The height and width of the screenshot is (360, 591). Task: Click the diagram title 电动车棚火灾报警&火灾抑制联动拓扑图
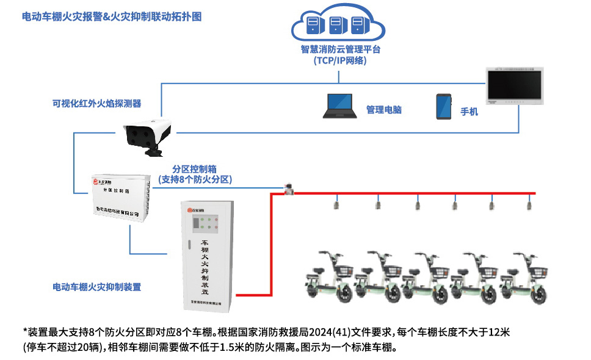pyautogui.click(x=111, y=17)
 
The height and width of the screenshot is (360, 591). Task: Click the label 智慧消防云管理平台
pyautogui.click(x=340, y=49)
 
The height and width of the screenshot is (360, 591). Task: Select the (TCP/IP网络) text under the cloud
pyautogui.click(x=340, y=61)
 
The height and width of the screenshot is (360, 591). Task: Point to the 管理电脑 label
pyautogui.click(x=383, y=110)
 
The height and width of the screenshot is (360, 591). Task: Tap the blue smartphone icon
pyautogui.click(x=443, y=106)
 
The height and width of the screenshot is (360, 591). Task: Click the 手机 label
pyautogui.click(x=469, y=112)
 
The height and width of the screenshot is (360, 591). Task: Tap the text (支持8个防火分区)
pyautogui.click(x=195, y=179)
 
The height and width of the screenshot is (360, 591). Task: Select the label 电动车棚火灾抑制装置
pyautogui.click(x=96, y=286)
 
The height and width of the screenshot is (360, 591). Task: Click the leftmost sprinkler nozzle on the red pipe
pyautogui.click(x=336, y=203)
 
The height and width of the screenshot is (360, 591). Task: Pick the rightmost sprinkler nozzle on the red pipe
pyautogui.click(x=529, y=203)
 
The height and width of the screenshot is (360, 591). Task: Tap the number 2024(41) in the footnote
pyautogui.click(x=330, y=333)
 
